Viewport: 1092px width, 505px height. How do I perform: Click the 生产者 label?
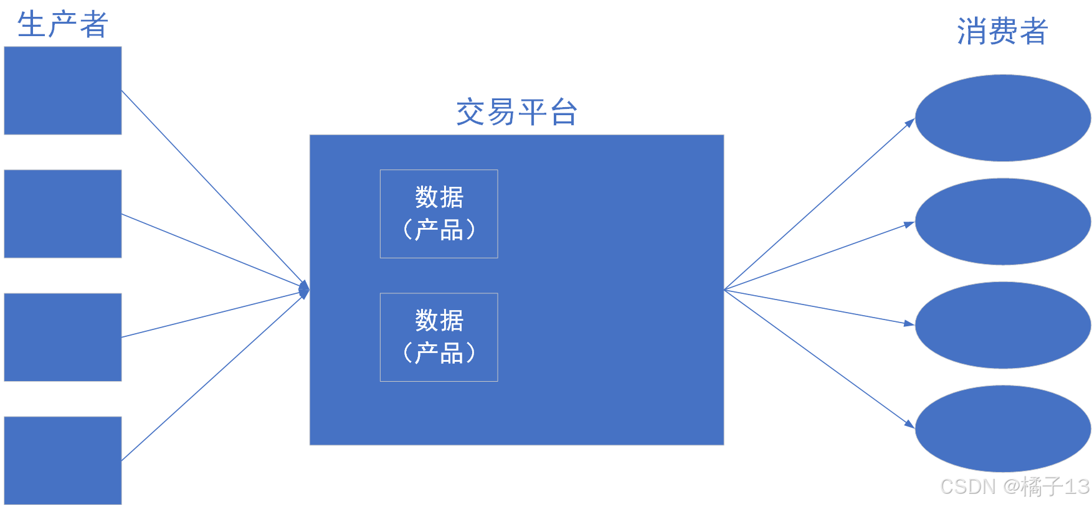(x=62, y=25)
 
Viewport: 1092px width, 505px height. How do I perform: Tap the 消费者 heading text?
(x=1002, y=31)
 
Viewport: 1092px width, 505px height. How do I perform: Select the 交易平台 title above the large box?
(x=516, y=113)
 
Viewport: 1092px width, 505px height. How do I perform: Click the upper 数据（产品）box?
(x=439, y=214)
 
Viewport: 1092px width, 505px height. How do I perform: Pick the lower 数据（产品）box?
(x=439, y=337)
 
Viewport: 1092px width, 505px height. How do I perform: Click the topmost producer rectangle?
(x=63, y=90)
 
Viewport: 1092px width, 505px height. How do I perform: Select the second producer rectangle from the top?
(x=63, y=214)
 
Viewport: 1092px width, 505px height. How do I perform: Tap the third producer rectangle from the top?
(x=63, y=337)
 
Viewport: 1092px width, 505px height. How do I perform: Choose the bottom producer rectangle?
(x=63, y=460)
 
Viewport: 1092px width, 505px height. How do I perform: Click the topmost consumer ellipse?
(x=1002, y=118)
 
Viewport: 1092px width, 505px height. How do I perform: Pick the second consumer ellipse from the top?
(x=1002, y=222)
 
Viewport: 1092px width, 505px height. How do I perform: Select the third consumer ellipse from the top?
(x=1002, y=325)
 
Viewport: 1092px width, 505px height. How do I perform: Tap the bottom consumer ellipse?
(x=1002, y=428)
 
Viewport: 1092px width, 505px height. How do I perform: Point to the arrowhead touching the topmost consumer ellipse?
(x=910, y=123)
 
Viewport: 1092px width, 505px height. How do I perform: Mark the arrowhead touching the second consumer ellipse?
(x=909, y=224)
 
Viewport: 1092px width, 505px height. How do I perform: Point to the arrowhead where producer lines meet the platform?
(x=305, y=290)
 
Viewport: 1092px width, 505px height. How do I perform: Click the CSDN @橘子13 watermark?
(x=1014, y=486)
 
